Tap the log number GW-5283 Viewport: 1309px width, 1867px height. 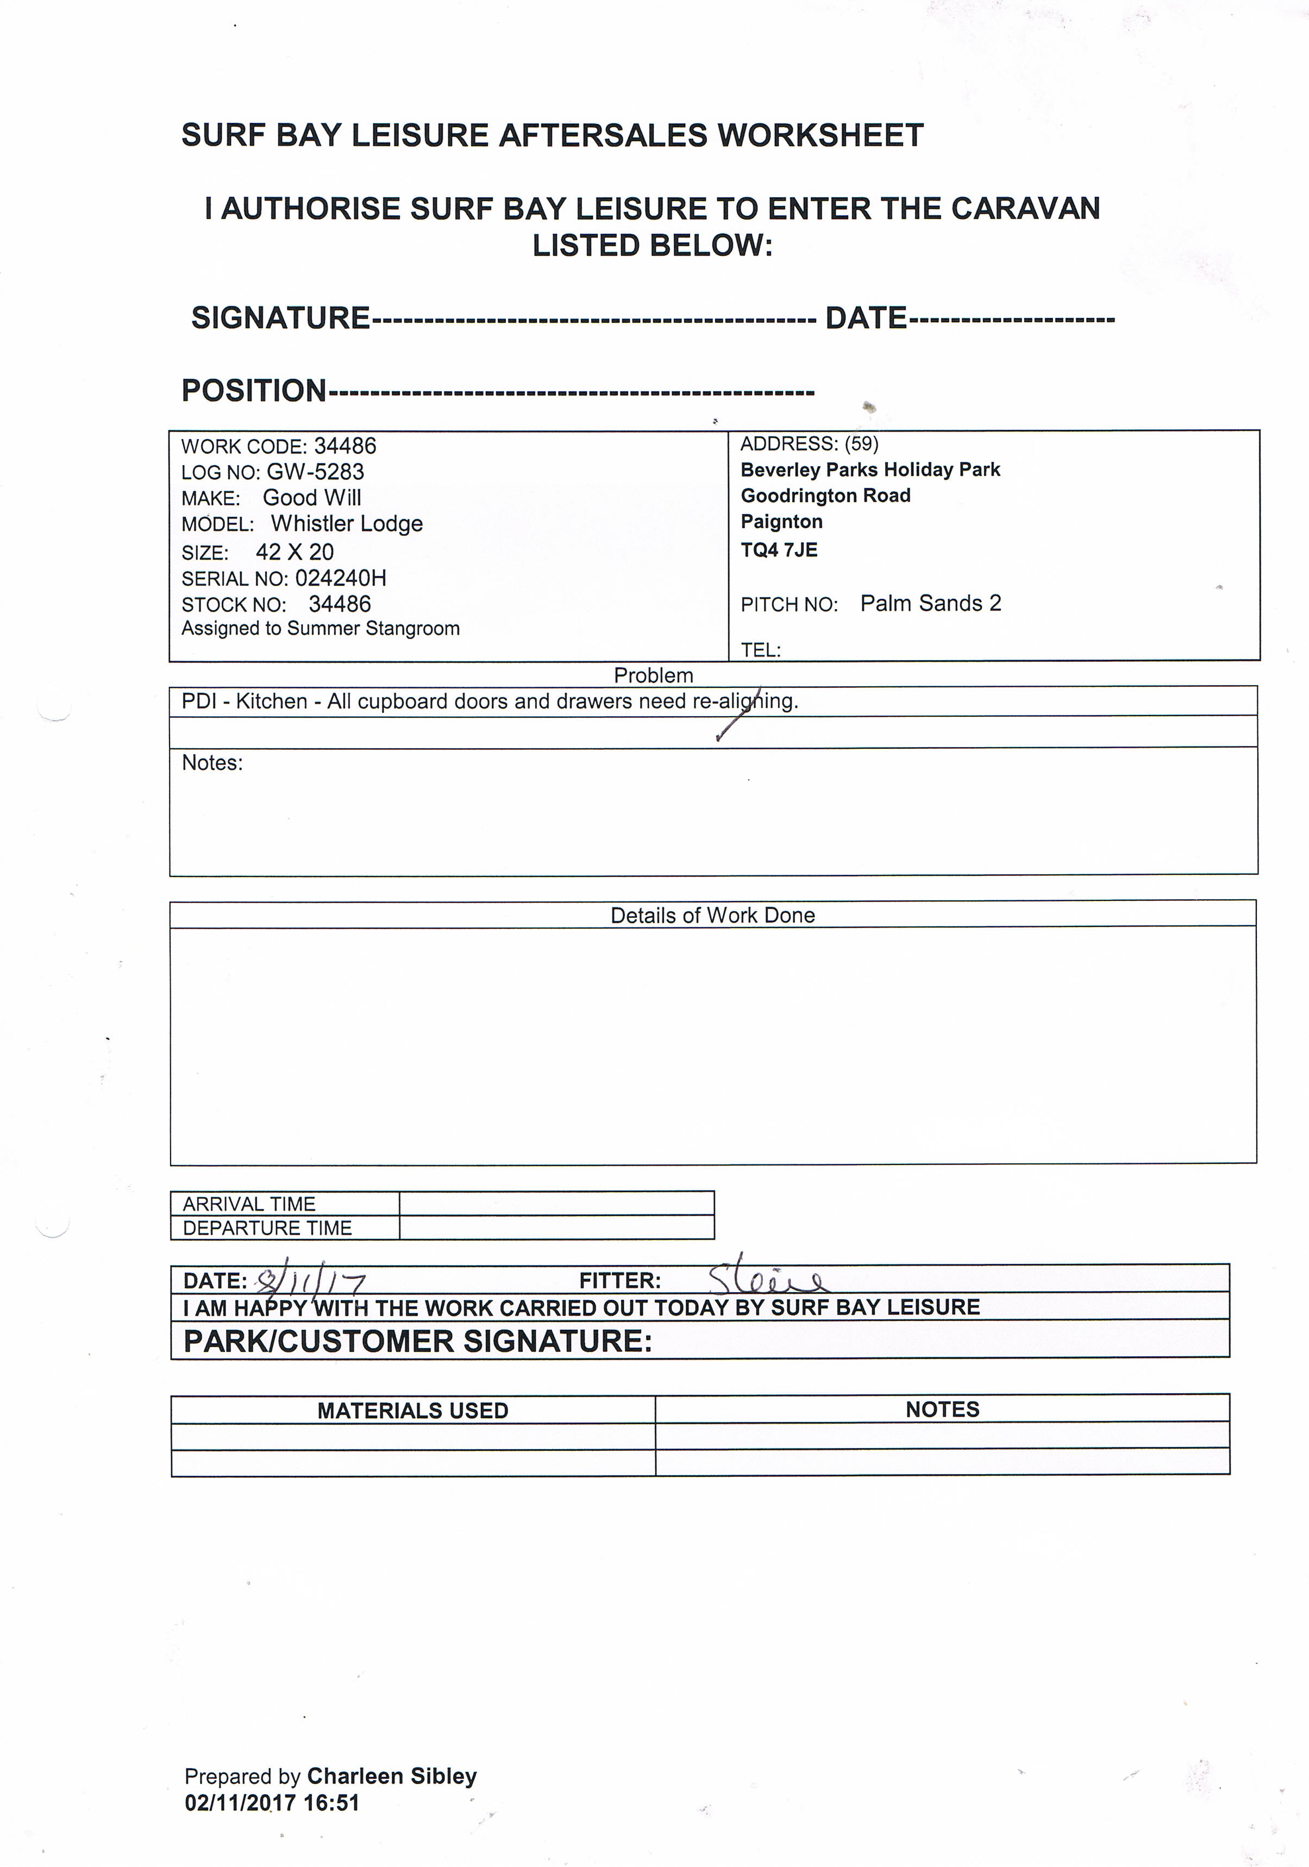[x=316, y=472]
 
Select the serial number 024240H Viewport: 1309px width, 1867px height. [x=341, y=578]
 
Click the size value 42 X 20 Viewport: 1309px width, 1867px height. [x=295, y=552]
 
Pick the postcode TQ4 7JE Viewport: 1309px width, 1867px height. [x=779, y=550]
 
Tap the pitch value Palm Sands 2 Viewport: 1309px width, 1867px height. [x=930, y=603]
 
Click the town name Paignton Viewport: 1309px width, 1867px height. [x=781, y=521]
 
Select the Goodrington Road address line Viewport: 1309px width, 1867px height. [x=825, y=495]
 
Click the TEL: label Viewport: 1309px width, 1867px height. [x=760, y=650]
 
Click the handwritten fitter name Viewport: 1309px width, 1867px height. [x=767, y=1281]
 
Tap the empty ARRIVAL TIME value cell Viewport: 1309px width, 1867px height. [x=556, y=1204]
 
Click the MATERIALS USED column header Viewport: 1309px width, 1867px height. [x=412, y=1411]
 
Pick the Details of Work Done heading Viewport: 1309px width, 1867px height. [x=712, y=916]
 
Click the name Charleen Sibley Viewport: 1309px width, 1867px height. [x=392, y=1777]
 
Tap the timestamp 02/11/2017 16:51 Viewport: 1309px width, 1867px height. [x=272, y=1803]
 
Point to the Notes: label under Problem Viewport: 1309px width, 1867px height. [x=212, y=763]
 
